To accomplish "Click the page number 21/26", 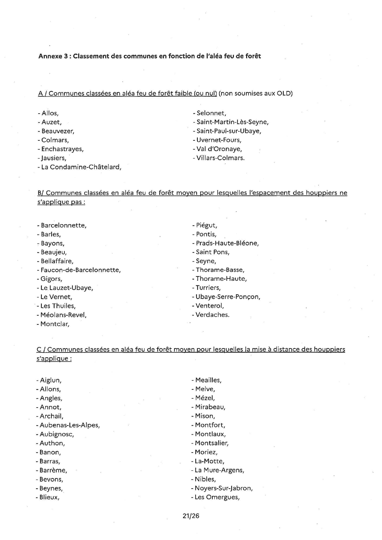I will point(191,516).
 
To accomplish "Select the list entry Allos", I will point(50,113).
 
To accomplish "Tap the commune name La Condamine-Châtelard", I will point(81,167).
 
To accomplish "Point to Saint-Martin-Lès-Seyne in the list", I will point(232,122).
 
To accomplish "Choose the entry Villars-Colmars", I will point(220,158).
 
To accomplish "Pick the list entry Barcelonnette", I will point(63,225).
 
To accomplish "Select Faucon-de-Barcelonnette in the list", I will point(80,270).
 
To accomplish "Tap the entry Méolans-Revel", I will point(63,315).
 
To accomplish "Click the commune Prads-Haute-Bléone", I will point(227,243).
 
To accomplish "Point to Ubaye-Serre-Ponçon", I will point(228,297).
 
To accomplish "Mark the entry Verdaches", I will point(212,315).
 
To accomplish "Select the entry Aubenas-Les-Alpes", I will point(70,425).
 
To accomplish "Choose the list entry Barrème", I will point(53,470).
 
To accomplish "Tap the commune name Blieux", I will point(49,497).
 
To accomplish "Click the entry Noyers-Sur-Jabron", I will point(223,488).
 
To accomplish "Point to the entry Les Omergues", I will point(217,497).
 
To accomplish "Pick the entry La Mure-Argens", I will point(219,470).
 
